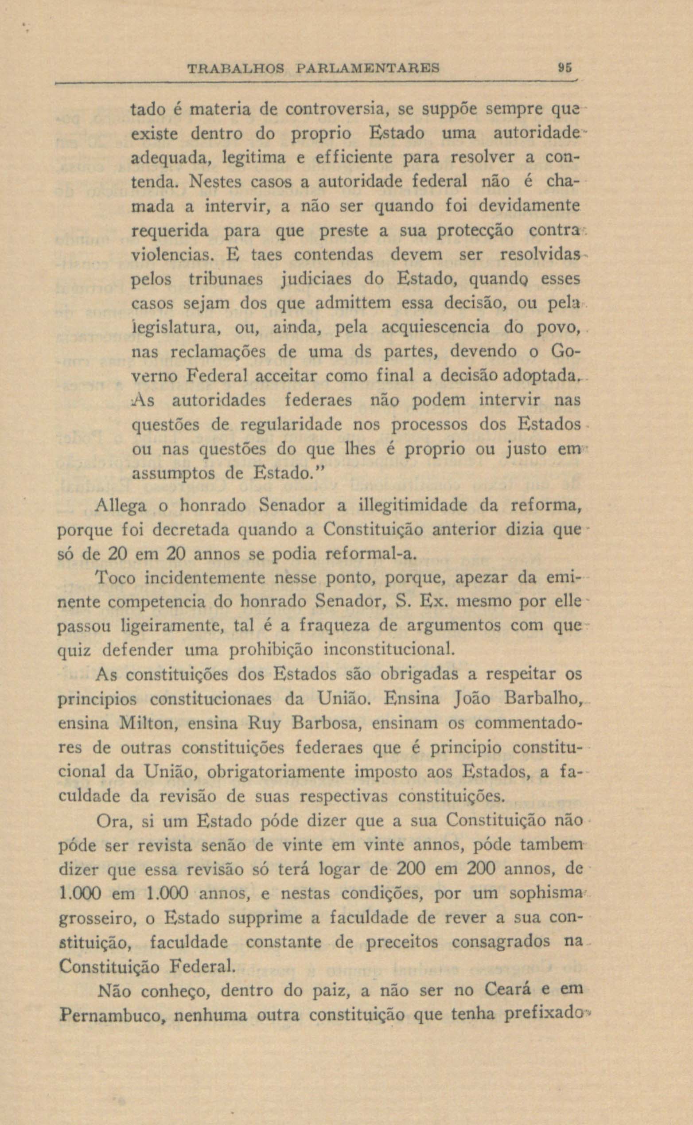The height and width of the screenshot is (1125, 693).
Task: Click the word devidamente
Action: [x=530, y=206]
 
